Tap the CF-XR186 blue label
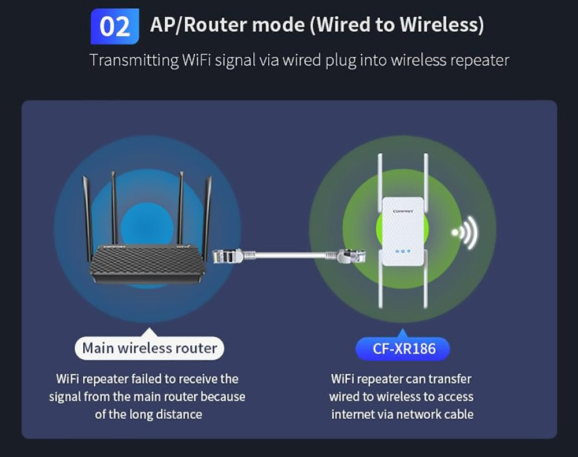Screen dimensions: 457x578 pyautogui.click(x=402, y=349)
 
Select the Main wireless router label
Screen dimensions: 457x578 pyautogui.click(x=150, y=348)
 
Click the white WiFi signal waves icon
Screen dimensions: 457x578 pyautogui.click(x=465, y=232)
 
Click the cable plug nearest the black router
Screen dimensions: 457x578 pyautogui.click(x=226, y=254)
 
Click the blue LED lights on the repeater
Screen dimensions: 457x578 pyautogui.click(x=402, y=252)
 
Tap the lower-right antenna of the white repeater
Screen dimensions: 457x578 pyautogui.click(x=425, y=286)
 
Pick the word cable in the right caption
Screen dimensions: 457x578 pyautogui.click(x=457, y=414)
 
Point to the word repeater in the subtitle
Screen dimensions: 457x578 pyautogui.click(x=480, y=60)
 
